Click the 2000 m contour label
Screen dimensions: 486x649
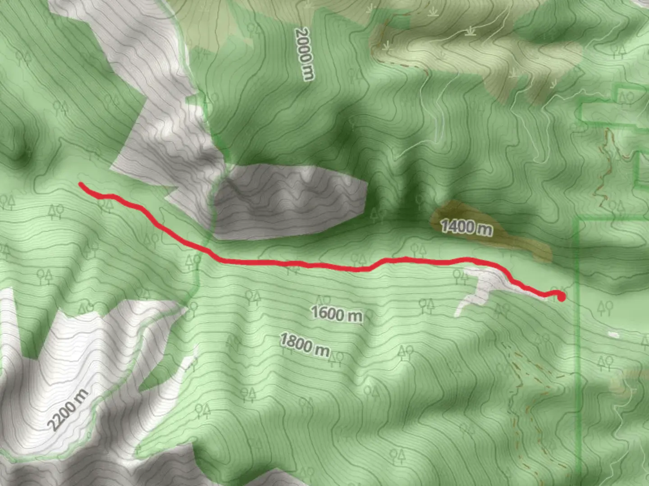coord(304,54)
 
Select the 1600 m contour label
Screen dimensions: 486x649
coord(337,314)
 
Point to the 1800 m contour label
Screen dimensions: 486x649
coord(305,344)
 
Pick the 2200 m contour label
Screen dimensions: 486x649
coord(68,409)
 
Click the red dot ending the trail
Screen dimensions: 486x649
coord(561,297)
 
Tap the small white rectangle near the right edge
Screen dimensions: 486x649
coord(613,335)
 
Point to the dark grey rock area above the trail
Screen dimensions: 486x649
coord(288,200)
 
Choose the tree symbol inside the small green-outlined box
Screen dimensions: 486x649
coord(626,97)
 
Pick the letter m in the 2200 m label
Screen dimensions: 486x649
coord(81,396)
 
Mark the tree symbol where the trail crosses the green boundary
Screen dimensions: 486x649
coord(193,261)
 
